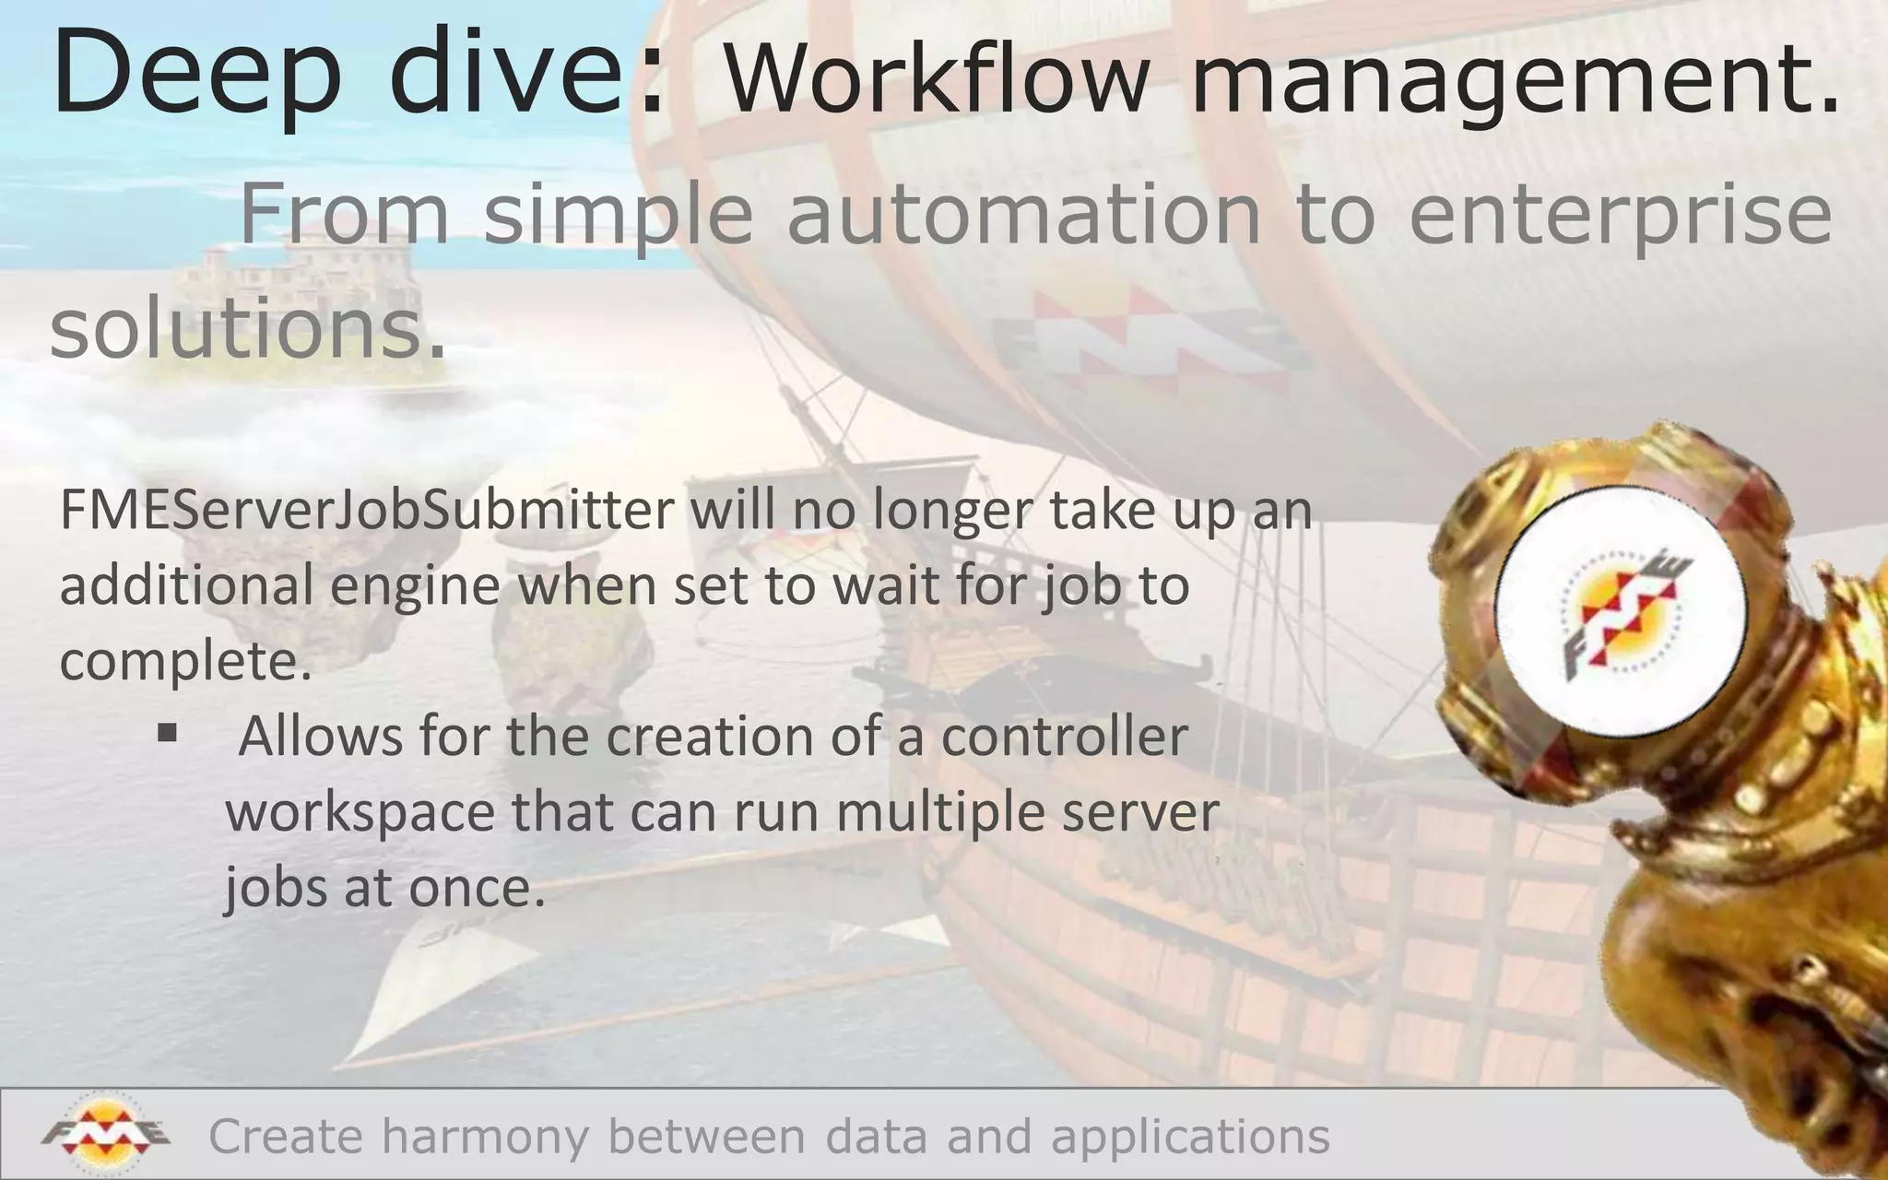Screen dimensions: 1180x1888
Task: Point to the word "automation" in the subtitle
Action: [1023, 214]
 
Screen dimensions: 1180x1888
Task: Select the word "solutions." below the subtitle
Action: [247, 329]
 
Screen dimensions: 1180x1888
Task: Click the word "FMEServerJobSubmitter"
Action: [367, 511]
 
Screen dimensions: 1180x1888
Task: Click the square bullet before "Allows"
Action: [167, 733]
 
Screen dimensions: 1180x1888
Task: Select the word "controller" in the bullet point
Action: [1065, 737]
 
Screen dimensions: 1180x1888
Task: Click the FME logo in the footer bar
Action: [105, 1133]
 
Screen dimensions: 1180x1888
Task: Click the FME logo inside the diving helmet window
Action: [1621, 614]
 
